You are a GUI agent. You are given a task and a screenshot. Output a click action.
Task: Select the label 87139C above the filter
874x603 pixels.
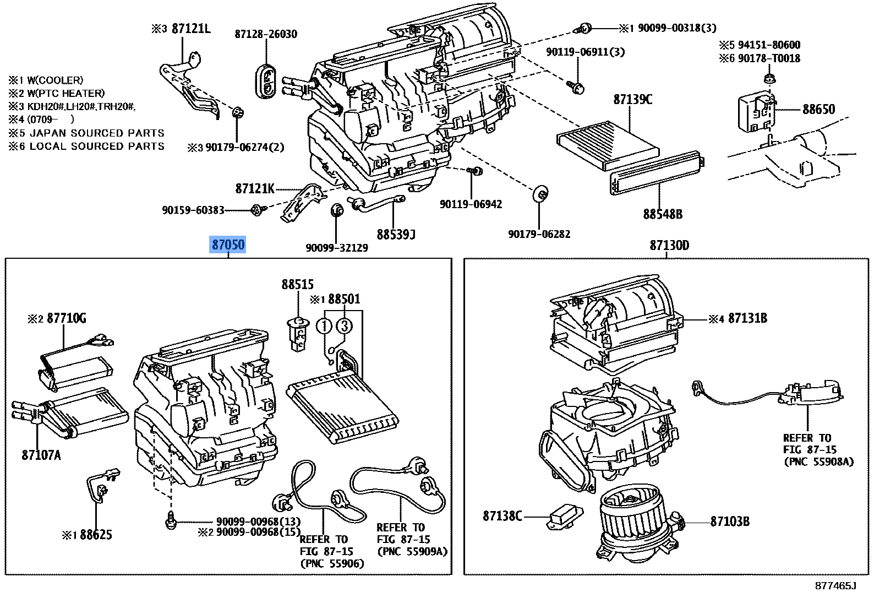(x=632, y=100)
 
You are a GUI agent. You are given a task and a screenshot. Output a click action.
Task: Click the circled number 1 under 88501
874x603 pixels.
(x=325, y=326)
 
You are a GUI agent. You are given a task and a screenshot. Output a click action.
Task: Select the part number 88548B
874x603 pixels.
(x=662, y=214)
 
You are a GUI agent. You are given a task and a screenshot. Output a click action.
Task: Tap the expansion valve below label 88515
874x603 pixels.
(x=298, y=333)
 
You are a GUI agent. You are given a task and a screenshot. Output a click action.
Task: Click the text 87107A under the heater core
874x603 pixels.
(x=41, y=455)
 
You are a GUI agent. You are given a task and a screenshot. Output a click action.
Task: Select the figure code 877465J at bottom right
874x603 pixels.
(x=835, y=585)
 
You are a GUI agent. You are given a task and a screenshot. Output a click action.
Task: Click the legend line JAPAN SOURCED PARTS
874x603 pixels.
(x=96, y=133)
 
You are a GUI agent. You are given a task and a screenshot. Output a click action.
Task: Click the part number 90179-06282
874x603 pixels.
(x=539, y=234)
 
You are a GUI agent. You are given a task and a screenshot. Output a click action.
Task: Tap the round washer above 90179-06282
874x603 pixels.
(x=542, y=194)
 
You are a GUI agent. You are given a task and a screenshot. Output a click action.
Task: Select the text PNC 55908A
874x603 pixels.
(x=818, y=462)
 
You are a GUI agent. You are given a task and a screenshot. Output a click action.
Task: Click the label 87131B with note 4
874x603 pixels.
(x=747, y=318)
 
